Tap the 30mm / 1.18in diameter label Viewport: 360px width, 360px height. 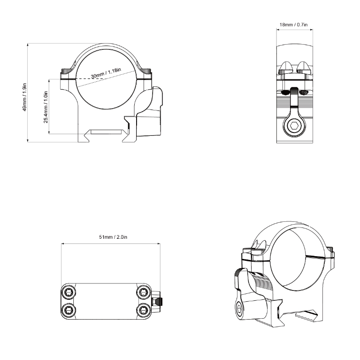click(106, 73)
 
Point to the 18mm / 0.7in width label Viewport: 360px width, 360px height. click(293, 24)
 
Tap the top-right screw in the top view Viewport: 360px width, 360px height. click(142, 292)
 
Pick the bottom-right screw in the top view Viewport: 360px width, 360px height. click(142, 308)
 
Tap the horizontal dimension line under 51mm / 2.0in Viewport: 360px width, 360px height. click(111, 243)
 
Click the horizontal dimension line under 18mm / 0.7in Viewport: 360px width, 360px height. click(294, 29)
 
